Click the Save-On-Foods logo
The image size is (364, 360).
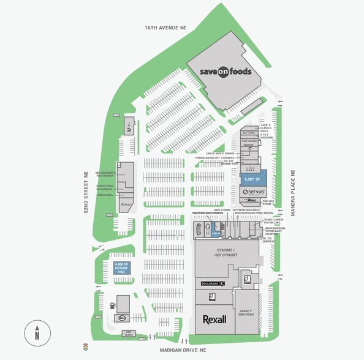(226, 72)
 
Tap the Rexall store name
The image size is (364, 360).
(214, 319)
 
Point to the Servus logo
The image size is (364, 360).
(252, 192)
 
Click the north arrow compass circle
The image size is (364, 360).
(37, 334)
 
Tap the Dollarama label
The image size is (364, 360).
(210, 282)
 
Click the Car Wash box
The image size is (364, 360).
(128, 334)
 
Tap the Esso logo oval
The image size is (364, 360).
(122, 318)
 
